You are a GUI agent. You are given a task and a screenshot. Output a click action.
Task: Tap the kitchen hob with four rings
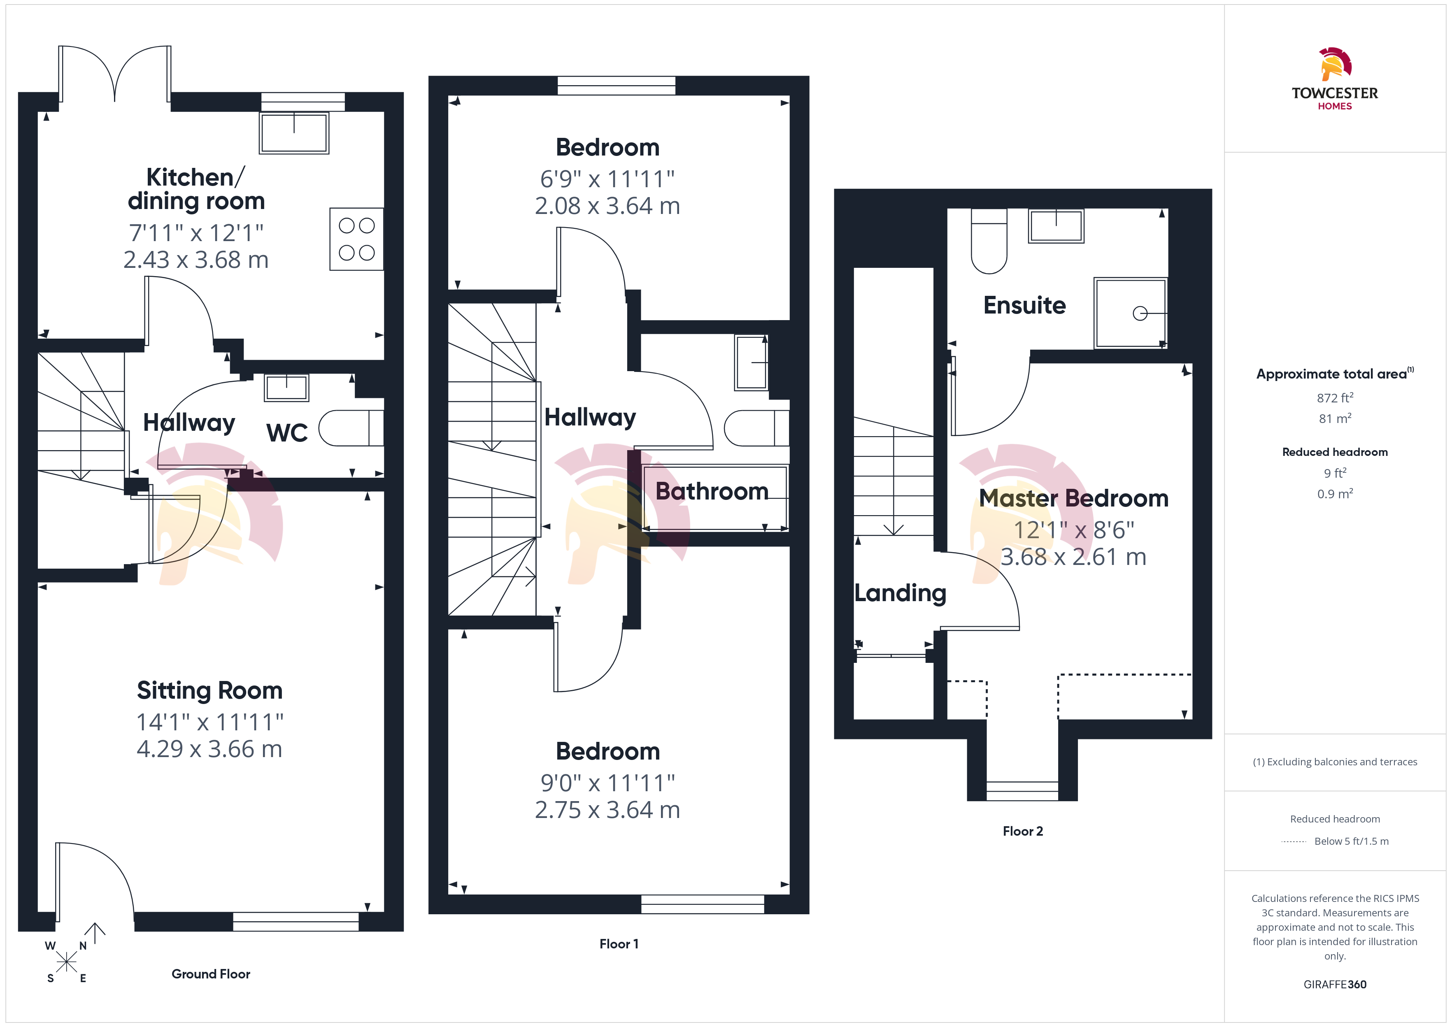click(357, 239)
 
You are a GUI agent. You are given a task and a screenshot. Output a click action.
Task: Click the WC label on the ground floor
click(287, 433)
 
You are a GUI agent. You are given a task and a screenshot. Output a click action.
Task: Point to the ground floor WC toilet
click(351, 428)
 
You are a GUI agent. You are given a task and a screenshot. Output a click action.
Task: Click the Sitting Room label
click(210, 690)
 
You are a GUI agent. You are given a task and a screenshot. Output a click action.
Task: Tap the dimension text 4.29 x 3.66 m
click(209, 749)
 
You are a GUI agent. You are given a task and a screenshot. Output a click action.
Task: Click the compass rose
click(66, 962)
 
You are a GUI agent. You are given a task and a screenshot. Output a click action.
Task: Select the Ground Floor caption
click(211, 974)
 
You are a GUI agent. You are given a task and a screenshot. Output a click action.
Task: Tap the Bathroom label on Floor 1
click(712, 491)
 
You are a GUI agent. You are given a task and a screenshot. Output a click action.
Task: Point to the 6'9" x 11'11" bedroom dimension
click(608, 179)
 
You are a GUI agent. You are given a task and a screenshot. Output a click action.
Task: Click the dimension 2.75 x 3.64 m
click(608, 810)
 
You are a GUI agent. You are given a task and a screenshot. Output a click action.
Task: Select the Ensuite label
click(1024, 305)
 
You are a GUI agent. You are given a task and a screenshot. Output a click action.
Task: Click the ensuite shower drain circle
click(1140, 313)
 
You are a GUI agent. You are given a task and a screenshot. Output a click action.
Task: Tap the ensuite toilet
click(989, 242)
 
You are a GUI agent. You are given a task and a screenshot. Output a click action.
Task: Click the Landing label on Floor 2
click(901, 593)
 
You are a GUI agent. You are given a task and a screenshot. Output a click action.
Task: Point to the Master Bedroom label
click(1074, 498)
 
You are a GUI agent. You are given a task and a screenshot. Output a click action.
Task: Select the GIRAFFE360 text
click(1335, 985)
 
